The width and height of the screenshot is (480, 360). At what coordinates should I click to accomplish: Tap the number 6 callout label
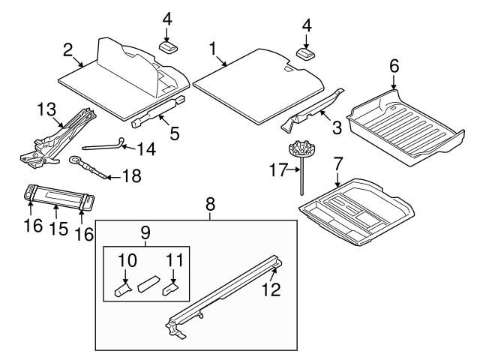[x=393, y=65]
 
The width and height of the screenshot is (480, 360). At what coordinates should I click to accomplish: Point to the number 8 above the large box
[x=211, y=202]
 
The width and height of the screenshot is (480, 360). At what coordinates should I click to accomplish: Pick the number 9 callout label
[x=146, y=232]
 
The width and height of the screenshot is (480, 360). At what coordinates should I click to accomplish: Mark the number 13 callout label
[x=46, y=110]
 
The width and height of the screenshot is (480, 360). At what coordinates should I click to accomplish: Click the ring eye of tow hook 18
[x=76, y=160]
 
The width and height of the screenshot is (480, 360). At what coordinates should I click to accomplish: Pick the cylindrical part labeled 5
[x=157, y=112]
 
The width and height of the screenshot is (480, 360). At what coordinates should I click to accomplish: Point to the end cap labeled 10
[x=121, y=289]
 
